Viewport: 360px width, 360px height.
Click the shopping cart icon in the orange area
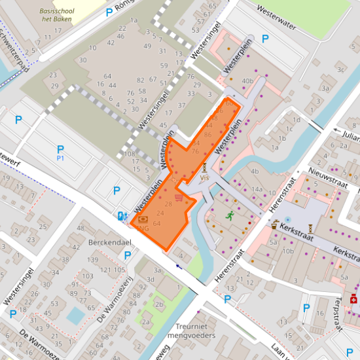(179, 196)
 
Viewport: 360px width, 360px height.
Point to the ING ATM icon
(143, 219)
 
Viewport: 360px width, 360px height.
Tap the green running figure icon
(230, 214)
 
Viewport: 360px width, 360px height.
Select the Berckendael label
(110, 242)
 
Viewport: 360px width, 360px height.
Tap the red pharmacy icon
(353, 298)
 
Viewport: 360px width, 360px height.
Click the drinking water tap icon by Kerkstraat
(287, 221)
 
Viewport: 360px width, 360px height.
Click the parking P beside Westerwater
(265, 39)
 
